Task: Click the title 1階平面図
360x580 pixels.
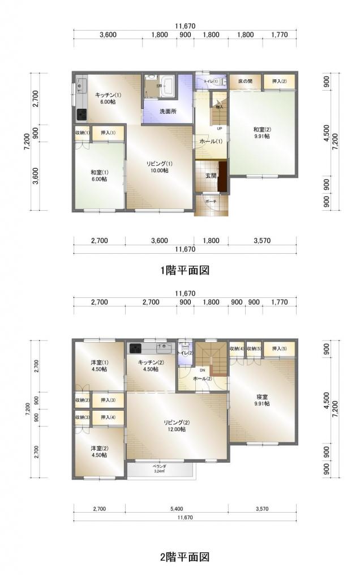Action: pyautogui.click(x=185, y=270)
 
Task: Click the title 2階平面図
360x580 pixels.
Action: pyautogui.click(x=185, y=557)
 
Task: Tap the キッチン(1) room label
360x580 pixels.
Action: pyautogui.click(x=105, y=97)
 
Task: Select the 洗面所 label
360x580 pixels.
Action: pyautogui.click(x=167, y=111)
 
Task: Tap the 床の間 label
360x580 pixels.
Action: pyautogui.click(x=245, y=82)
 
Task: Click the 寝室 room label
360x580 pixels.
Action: pyautogui.click(x=262, y=399)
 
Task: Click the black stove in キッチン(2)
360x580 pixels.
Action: pyautogui.click(x=135, y=348)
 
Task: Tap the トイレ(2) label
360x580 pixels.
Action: pyautogui.click(x=185, y=353)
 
